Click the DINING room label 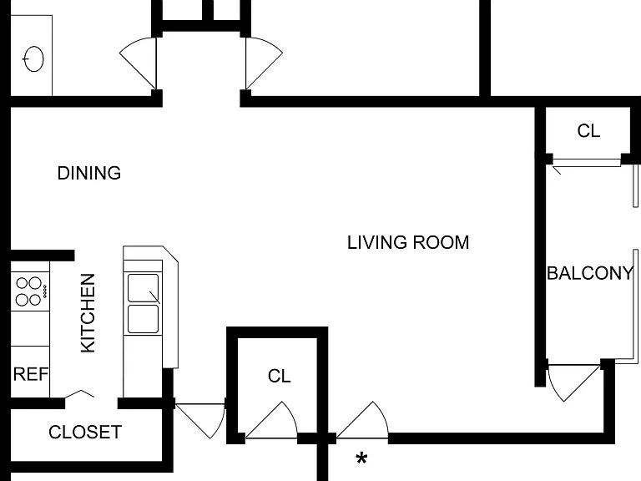pyautogui.click(x=89, y=173)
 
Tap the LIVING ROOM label pyautogui.click(x=408, y=242)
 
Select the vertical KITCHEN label pyautogui.click(x=88, y=313)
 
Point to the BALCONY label pyautogui.click(x=590, y=273)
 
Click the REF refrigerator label pyautogui.click(x=31, y=374)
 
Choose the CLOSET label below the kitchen pyautogui.click(x=85, y=433)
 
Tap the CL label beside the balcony pyautogui.click(x=588, y=131)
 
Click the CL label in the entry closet pyautogui.click(x=280, y=377)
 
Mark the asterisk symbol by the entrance pyautogui.click(x=361, y=458)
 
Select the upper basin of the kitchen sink pyautogui.click(x=143, y=288)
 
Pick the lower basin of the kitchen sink pyautogui.click(x=143, y=319)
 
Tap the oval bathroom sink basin pyautogui.click(x=33, y=59)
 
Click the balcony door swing pyautogui.click(x=573, y=382)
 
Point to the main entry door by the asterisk pyautogui.click(x=362, y=420)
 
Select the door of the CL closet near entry pyautogui.click(x=271, y=420)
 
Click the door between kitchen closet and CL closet pyautogui.click(x=200, y=421)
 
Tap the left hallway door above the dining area pyautogui.click(x=139, y=63)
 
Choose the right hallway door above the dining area pyautogui.click(x=264, y=63)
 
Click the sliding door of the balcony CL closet pyautogui.click(x=586, y=163)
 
